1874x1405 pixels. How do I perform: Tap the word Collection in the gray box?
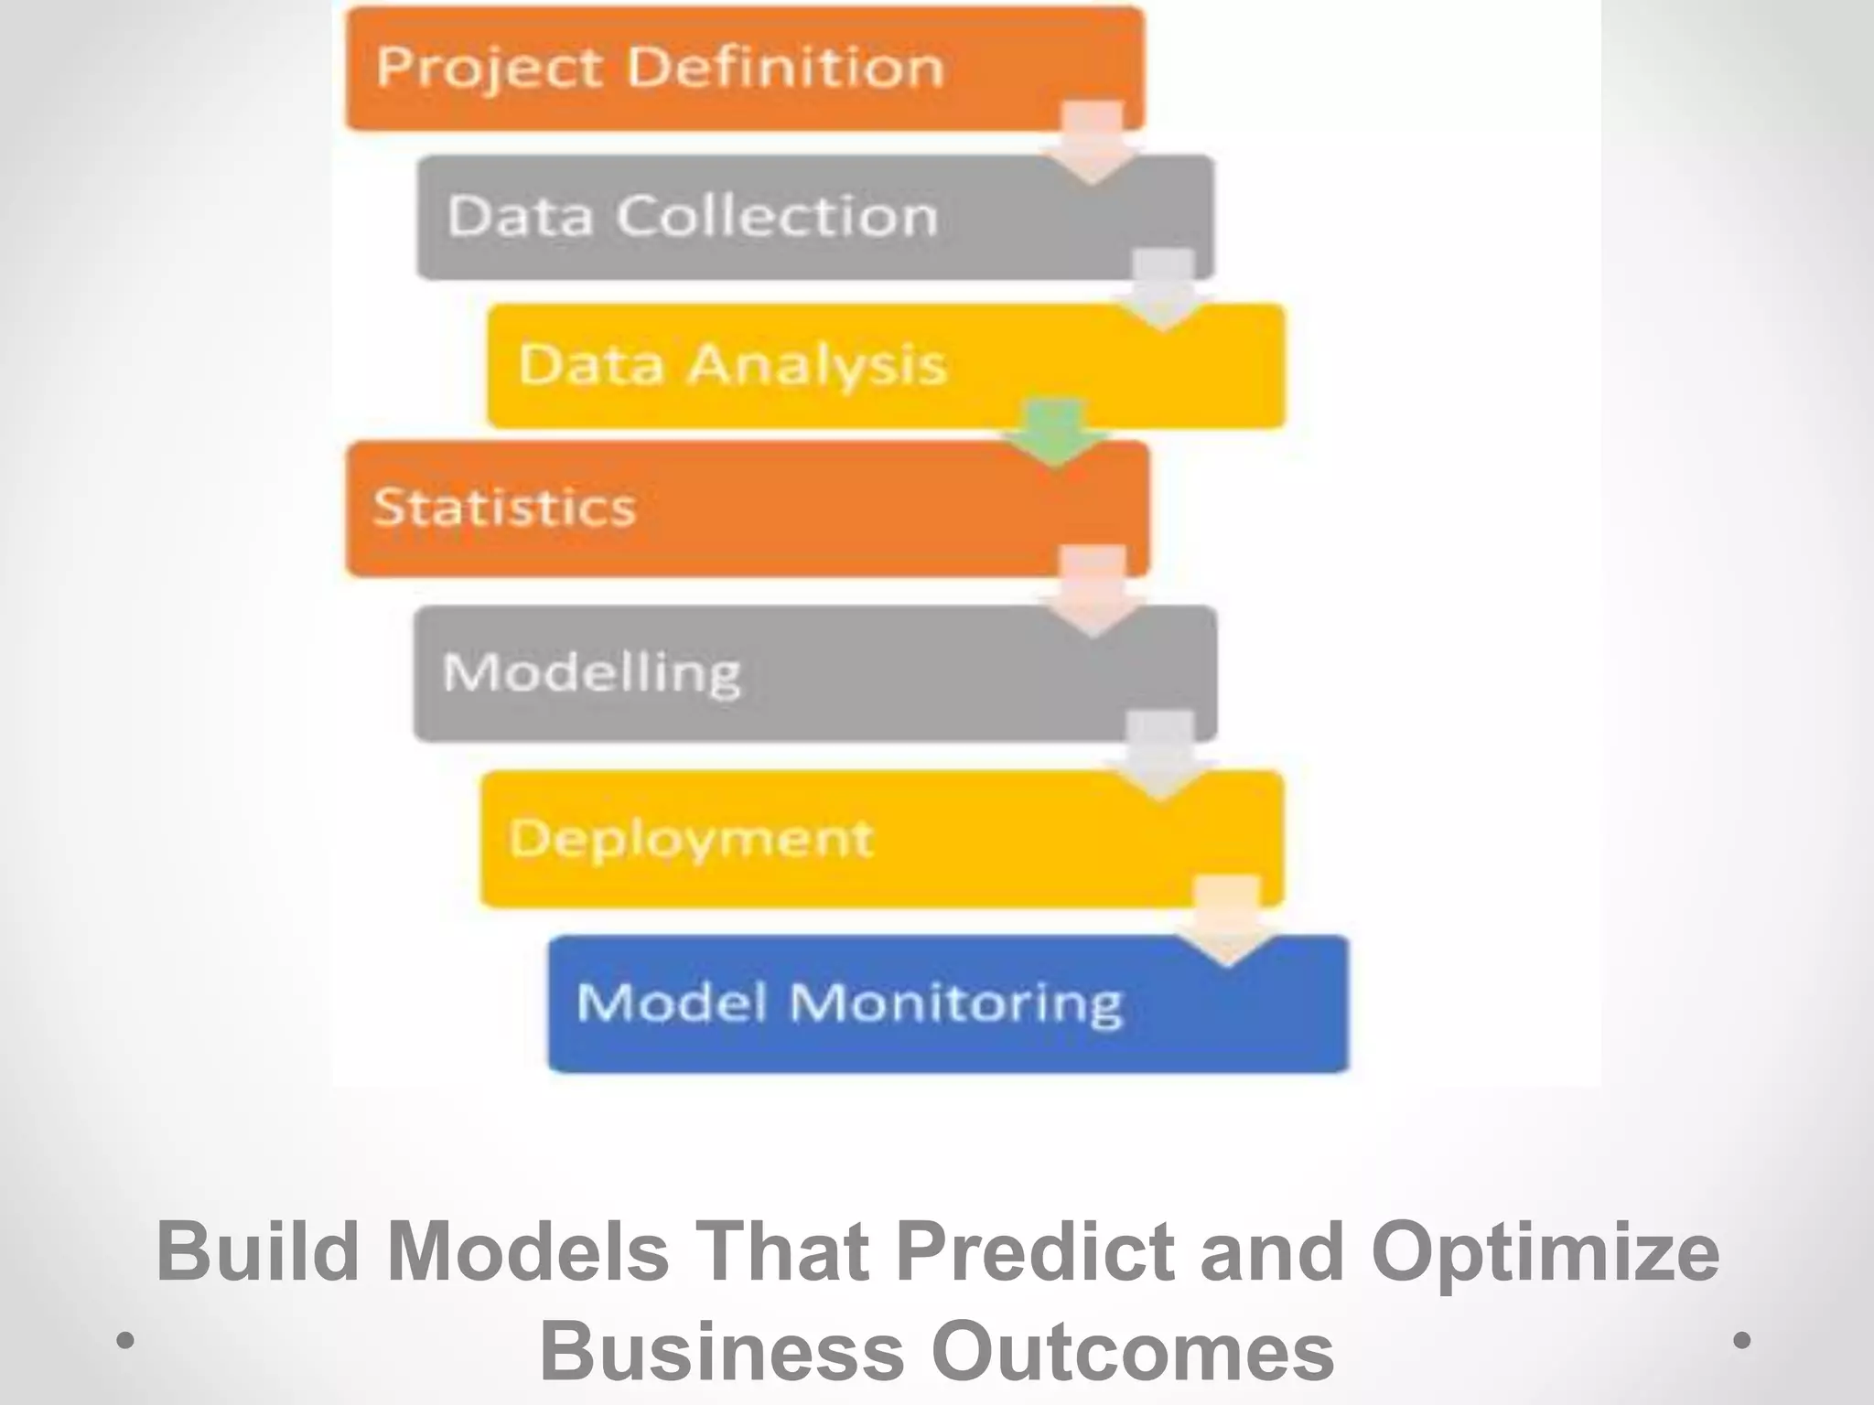[x=776, y=217]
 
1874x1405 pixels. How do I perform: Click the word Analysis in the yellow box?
[x=816, y=365]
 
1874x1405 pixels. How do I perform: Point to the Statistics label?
[x=504, y=507]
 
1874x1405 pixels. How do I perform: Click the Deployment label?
[x=691, y=838]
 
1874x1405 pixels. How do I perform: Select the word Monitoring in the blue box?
[x=955, y=1003]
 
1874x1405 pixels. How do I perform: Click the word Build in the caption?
[x=257, y=1251]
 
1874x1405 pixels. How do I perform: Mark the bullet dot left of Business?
[x=125, y=1341]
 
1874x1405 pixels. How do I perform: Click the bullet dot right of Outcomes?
[x=1742, y=1340]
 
